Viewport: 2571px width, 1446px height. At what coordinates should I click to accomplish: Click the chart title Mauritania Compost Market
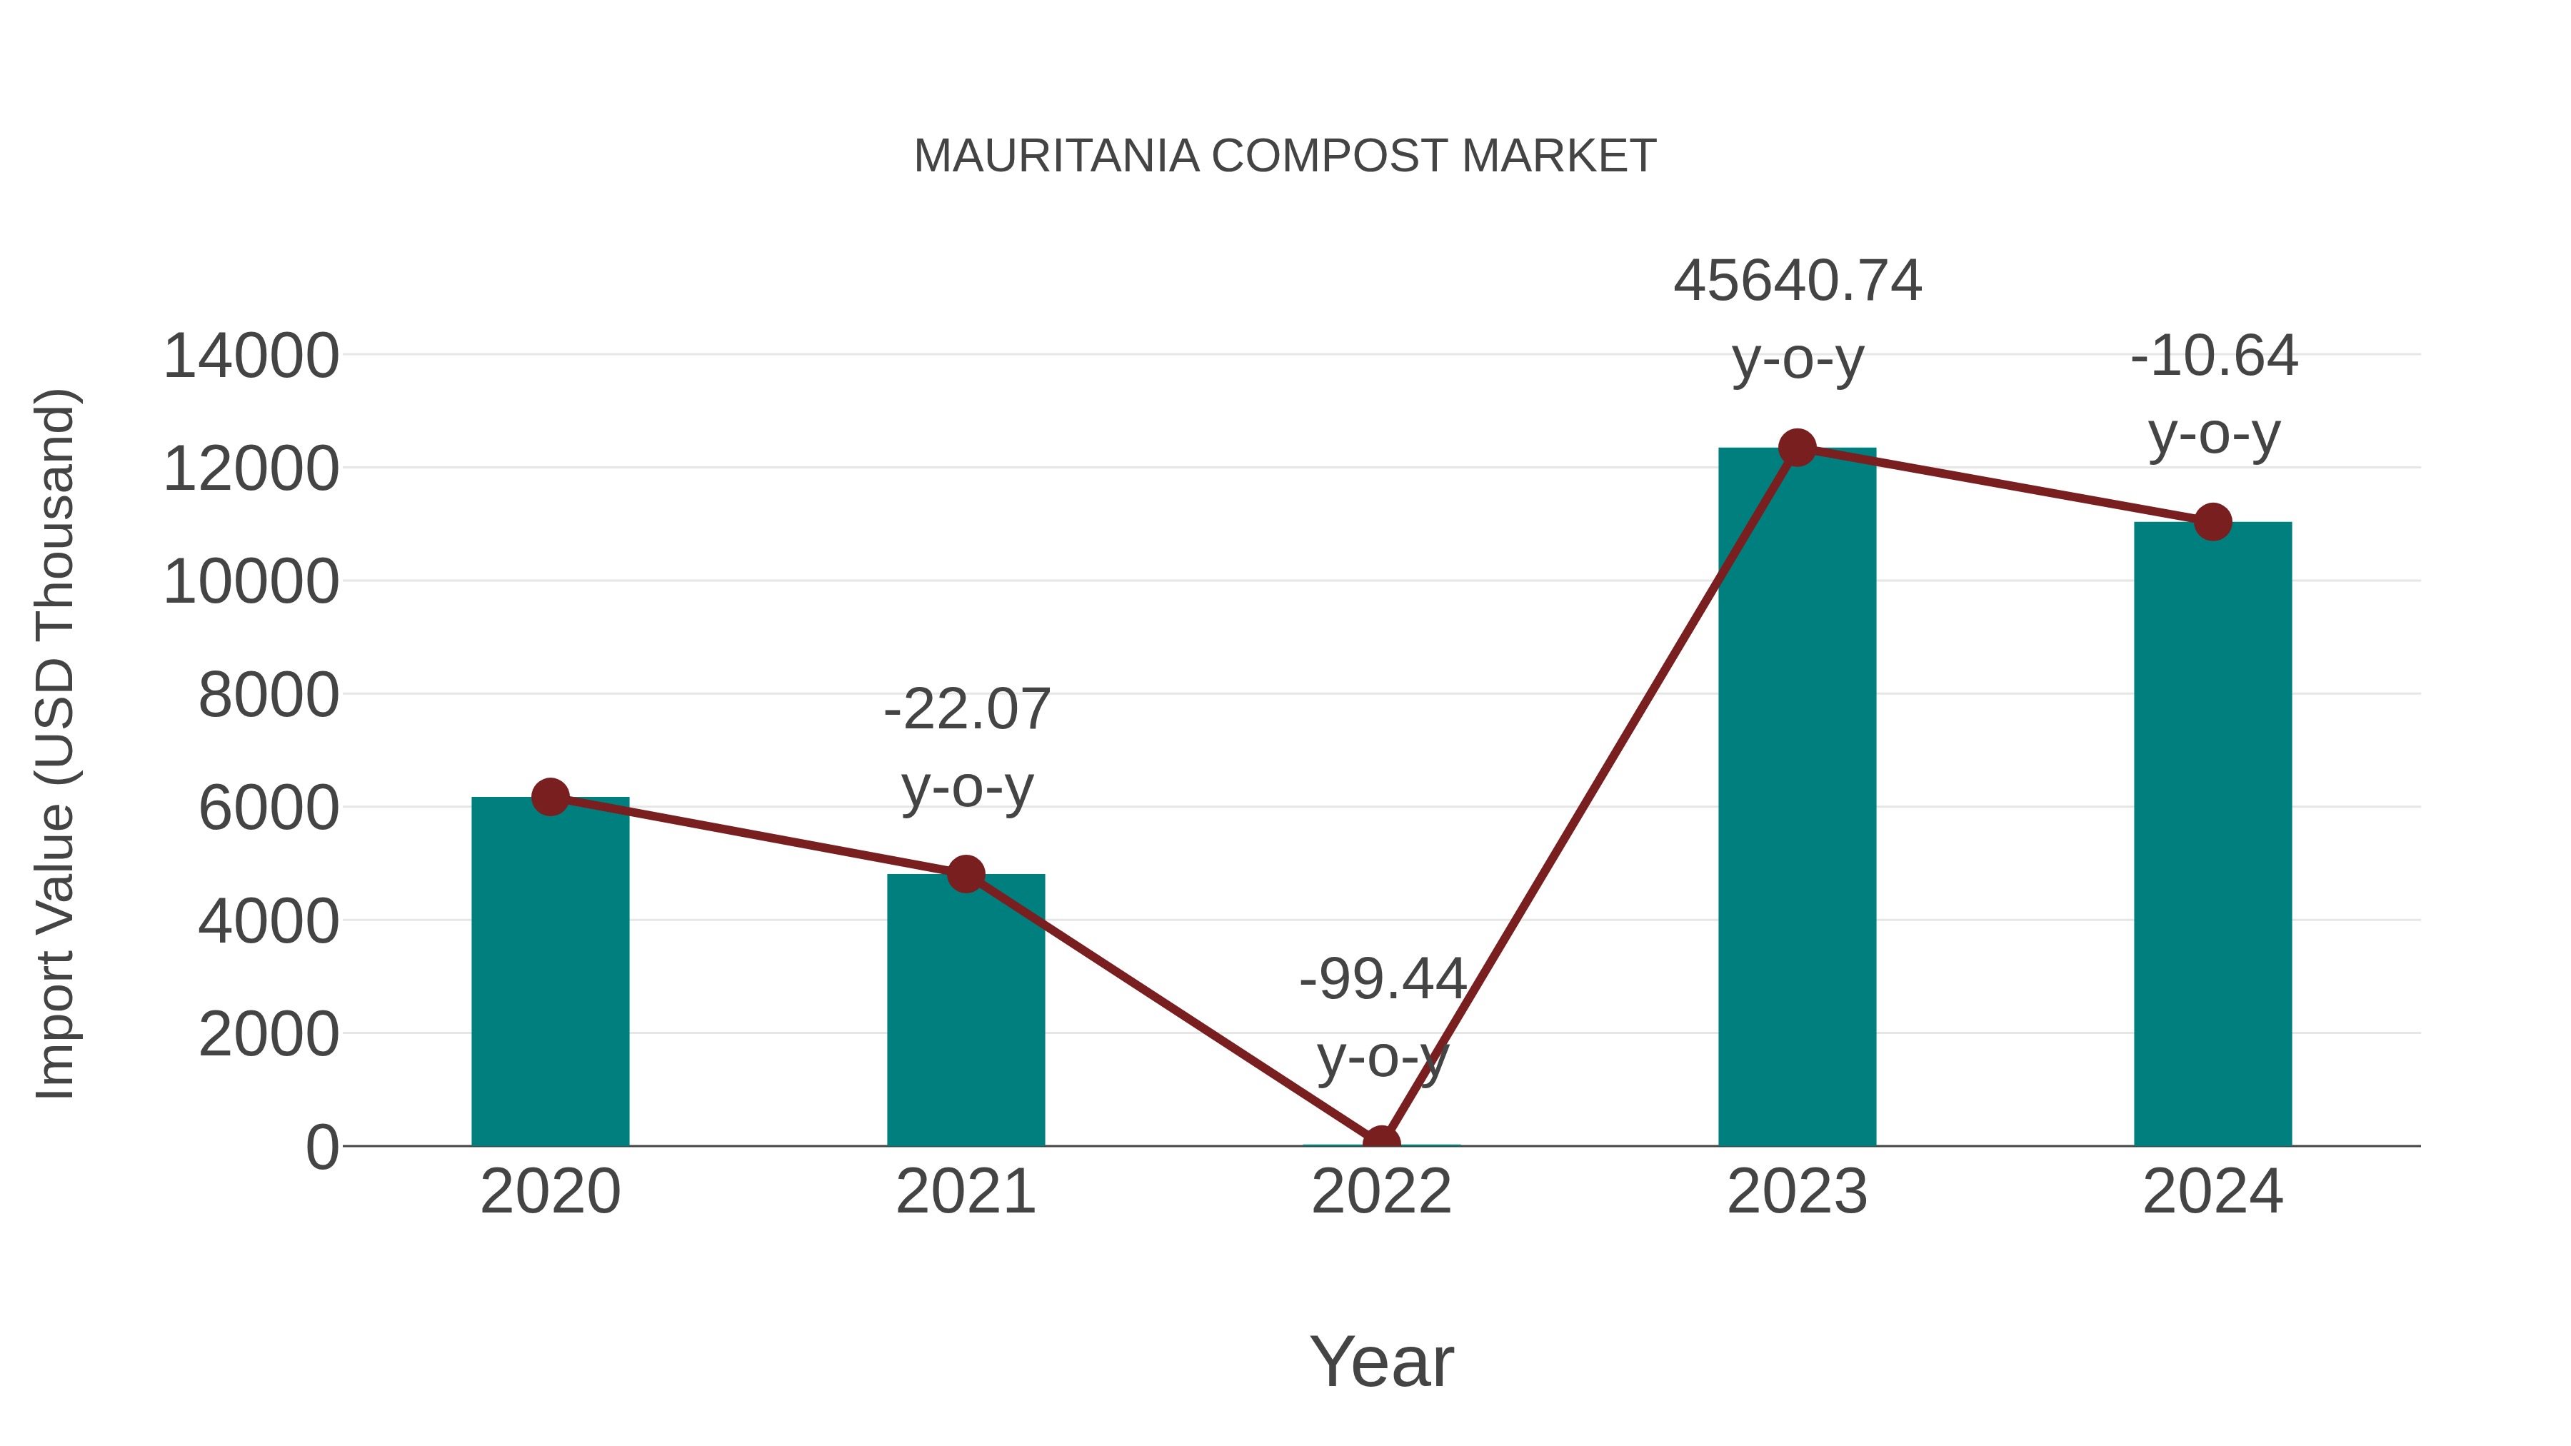tap(1285, 156)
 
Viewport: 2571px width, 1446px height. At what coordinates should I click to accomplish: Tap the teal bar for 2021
tap(965, 1009)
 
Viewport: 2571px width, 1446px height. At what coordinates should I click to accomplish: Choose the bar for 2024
tap(2212, 833)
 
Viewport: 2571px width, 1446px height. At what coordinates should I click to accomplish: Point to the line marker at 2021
tap(965, 874)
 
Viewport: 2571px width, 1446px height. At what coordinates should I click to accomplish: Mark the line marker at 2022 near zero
tap(1381, 1142)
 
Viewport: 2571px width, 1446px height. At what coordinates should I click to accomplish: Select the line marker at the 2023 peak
tap(1797, 448)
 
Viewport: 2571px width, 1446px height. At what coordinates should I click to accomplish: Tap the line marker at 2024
tap(2212, 521)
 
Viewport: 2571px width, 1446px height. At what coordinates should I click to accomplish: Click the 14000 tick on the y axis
tap(251, 356)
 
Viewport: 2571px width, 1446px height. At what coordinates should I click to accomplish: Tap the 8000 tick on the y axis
tap(269, 696)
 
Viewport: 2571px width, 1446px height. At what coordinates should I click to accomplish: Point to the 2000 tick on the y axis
tap(269, 1035)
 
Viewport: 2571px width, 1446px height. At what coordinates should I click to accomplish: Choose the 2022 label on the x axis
tap(1381, 1192)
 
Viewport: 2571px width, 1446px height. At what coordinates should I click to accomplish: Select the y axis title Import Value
tap(56, 743)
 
